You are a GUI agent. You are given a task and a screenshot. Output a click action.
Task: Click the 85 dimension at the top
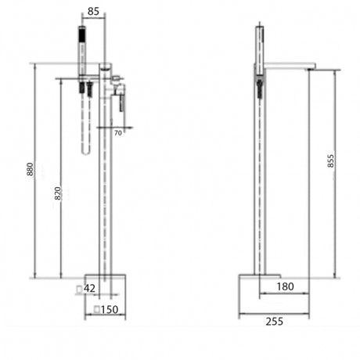pyautogui.click(x=92, y=11)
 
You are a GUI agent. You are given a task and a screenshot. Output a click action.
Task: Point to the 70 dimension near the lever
pyautogui.click(x=118, y=133)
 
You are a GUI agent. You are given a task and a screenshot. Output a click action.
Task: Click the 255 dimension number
pyautogui.click(x=273, y=320)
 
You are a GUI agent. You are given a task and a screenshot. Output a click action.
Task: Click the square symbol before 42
pyautogui.click(x=79, y=289)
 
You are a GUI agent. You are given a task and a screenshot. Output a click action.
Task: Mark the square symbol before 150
pyautogui.click(x=96, y=311)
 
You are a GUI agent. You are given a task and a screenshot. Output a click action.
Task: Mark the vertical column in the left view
pyautogui.click(x=103, y=188)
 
